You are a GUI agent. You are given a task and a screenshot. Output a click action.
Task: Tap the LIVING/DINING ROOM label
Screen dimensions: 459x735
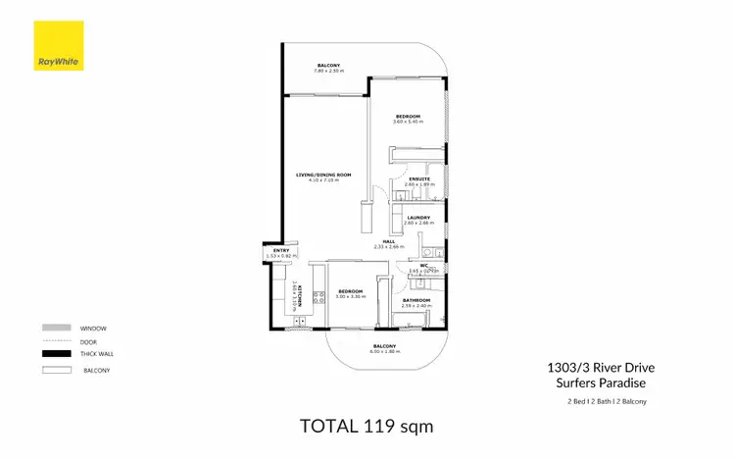coord(323,175)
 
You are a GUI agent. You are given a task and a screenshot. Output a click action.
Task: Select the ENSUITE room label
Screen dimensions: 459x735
coord(418,178)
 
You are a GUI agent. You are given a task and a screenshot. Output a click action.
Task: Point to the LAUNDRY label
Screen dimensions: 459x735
coord(418,218)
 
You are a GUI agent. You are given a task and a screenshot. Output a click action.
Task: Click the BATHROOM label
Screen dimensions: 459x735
coord(417,300)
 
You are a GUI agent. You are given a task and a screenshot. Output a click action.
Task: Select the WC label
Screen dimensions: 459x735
coord(424,265)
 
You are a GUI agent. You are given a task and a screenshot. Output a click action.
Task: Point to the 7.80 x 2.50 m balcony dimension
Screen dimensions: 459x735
coord(327,71)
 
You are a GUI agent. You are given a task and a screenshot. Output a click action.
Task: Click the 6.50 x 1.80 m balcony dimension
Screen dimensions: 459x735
coord(384,351)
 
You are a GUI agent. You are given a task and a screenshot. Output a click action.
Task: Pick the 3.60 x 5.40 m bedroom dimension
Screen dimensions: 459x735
coord(408,122)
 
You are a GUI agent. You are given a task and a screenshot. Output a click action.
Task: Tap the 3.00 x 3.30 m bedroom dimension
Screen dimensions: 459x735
coord(351,295)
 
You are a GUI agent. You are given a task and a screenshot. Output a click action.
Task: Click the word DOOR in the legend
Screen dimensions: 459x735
coord(88,340)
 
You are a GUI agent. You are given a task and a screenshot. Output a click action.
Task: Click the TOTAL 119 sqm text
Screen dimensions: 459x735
coord(367,428)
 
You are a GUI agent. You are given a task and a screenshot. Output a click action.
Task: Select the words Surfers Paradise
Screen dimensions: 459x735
coord(595,383)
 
